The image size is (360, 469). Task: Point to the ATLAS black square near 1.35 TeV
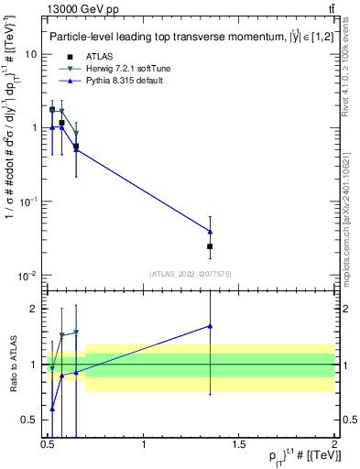(211, 246)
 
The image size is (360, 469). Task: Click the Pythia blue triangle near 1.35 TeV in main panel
(211, 231)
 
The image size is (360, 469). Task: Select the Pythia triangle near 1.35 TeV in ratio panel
(211, 325)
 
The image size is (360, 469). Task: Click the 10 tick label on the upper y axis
(31, 54)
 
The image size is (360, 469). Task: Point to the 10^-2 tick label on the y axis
(27, 275)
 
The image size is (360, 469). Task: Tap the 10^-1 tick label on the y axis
(27, 202)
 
